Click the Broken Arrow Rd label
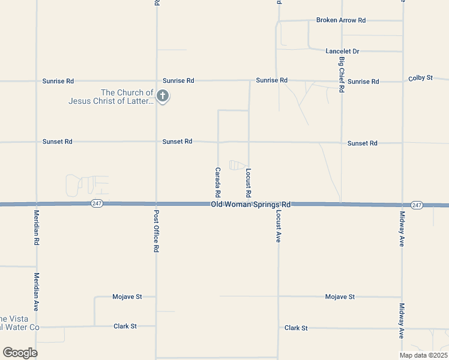[x=341, y=20]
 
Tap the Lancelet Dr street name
[x=342, y=52]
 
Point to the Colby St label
[x=420, y=79]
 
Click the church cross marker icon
[x=162, y=95]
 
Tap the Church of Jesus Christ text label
[x=110, y=97]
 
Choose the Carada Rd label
[x=217, y=183]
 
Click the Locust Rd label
[x=248, y=183]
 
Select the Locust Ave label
[x=279, y=226]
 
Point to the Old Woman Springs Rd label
[x=251, y=205]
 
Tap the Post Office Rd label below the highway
[x=156, y=231]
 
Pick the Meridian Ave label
[x=37, y=292]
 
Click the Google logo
[x=20, y=353]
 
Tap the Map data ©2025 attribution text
[x=423, y=355]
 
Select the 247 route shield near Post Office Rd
[x=97, y=204]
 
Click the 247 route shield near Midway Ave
[x=417, y=205]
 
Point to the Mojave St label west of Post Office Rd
[x=127, y=296]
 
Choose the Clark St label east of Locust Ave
[x=296, y=328]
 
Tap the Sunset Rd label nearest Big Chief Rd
[x=362, y=143]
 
